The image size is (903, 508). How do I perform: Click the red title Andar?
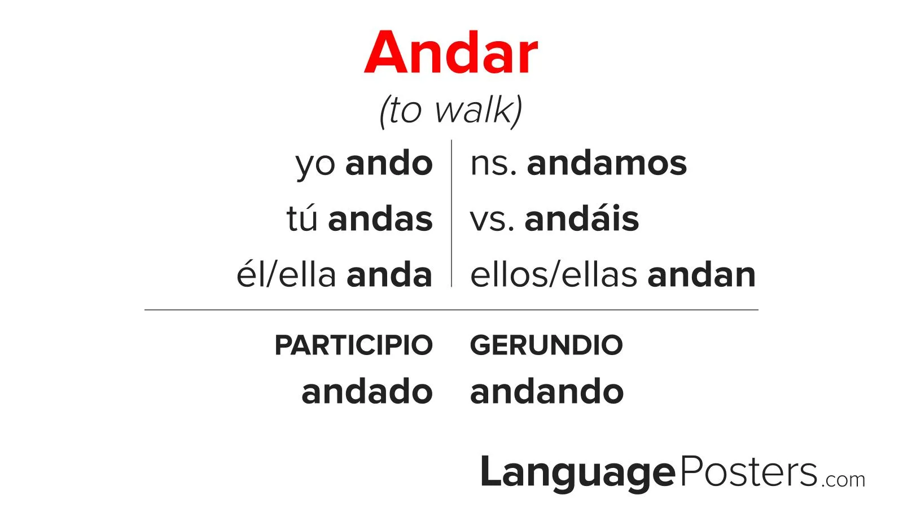coord(451,52)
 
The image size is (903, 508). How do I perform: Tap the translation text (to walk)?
coord(451,111)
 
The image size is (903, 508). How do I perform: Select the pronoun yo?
coord(315,166)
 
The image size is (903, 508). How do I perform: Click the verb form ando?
coord(389,163)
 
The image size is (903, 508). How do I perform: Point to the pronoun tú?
coord(302,218)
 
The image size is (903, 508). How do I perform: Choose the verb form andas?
coord(380,218)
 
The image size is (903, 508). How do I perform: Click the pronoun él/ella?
coord(286,274)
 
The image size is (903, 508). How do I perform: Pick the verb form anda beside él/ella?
coord(389,274)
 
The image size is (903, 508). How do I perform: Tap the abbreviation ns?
coord(493,165)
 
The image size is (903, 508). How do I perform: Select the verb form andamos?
coord(607,163)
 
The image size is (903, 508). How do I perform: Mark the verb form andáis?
coord(582,218)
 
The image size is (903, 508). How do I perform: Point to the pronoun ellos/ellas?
coord(554,274)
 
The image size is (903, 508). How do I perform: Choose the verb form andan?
coord(702,274)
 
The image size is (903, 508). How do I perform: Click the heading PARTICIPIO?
coord(353,345)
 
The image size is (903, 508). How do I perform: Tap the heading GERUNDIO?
coord(546,345)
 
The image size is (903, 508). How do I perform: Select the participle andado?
coord(367,391)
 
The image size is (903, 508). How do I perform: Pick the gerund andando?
coord(547,391)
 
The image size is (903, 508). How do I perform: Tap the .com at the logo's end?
coord(843,480)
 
